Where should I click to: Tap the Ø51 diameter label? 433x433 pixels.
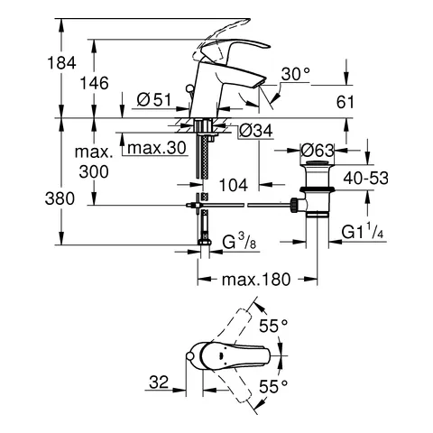point(154,100)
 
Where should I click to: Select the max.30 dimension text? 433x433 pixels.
point(159,148)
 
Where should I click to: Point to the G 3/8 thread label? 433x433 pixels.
point(244,242)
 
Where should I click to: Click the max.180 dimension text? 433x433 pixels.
point(256,280)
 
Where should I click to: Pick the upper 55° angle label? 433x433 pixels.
point(274,323)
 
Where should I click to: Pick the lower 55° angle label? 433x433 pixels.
point(273,385)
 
